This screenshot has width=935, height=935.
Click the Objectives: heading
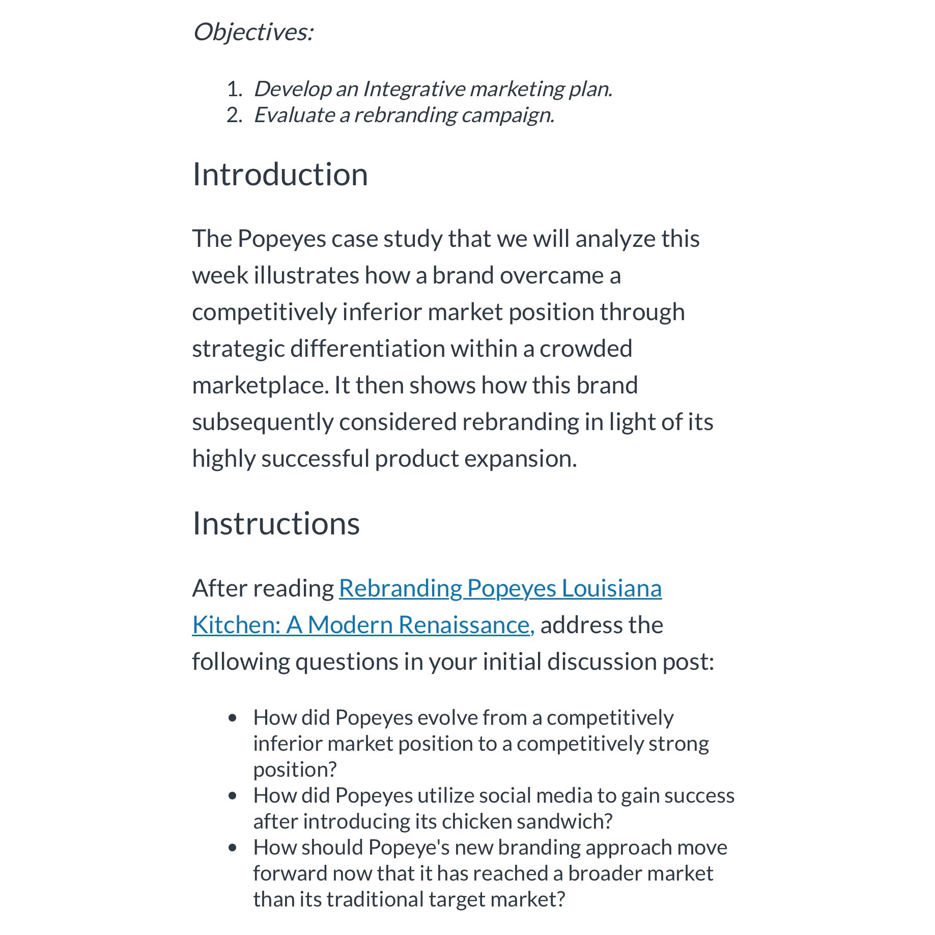click(253, 33)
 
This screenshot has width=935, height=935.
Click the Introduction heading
click(280, 175)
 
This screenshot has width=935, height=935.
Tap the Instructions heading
click(276, 524)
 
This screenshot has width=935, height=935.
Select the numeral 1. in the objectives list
click(234, 90)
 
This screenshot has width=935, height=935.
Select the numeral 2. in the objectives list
click(234, 116)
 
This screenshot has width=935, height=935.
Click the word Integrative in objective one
click(413, 90)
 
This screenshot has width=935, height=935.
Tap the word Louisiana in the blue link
click(611, 589)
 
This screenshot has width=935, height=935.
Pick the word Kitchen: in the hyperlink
click(236, 626)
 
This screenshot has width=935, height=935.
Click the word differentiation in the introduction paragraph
click(366, 349)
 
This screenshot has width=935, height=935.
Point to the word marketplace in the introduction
click(260, 386)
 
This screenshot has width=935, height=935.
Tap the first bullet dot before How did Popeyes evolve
click(233, 718)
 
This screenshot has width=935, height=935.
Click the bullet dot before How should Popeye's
click(233, 848)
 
